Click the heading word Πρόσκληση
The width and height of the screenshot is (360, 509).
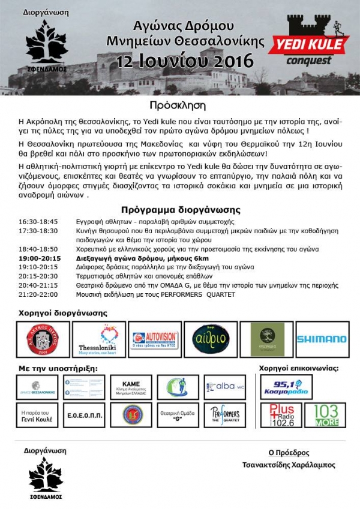(x=179, y=104)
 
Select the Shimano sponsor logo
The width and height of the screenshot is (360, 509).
(x=321, y=339)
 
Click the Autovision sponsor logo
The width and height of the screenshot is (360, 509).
(x=156, y=339)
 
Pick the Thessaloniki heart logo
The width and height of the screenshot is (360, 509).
(x=98, y=339)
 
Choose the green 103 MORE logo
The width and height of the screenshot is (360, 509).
(x=325, y=415)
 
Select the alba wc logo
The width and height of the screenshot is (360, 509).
(x=224, y=387)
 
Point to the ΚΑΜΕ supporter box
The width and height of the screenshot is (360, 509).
(x=131, y=387)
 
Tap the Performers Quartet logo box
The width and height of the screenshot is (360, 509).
(x=224, y=415)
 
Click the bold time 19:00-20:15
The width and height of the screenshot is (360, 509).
(x=39, y=257)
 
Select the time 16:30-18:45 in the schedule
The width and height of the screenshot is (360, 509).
(x=38, y=222)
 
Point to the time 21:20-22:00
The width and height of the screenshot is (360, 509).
(x=38, y=294)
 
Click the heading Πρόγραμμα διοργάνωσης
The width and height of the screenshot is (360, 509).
(x=180, y=210)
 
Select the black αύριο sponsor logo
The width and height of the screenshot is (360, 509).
(x=210, y=339)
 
